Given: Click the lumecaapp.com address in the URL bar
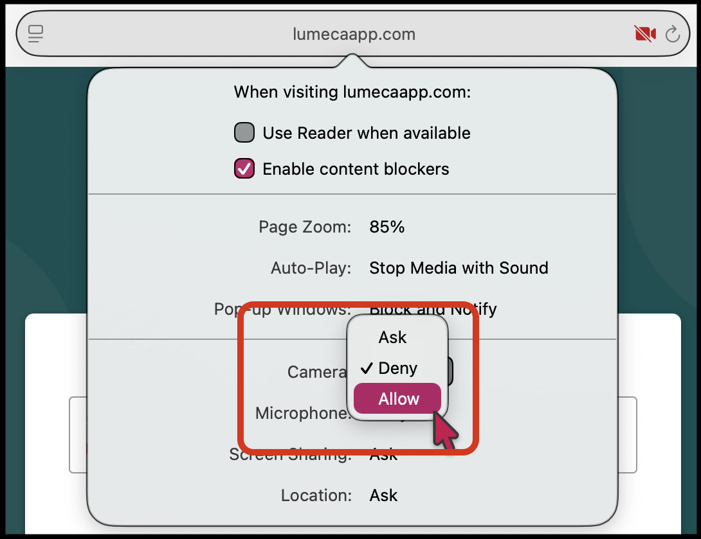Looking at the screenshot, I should coord(353,34).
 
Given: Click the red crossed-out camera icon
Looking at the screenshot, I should coord(645,34).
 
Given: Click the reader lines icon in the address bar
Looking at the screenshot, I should coord(36,34).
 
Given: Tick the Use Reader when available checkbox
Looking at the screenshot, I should coord(244,133).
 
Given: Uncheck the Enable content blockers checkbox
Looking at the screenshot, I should coord(244,169).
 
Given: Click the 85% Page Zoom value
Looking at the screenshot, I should coord(387,227).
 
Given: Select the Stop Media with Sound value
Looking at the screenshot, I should coord(459,268).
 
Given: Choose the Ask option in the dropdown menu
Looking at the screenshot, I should coord(393,337).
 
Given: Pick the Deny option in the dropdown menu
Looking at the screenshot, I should coord(397,368).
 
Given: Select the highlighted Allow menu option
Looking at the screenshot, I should coord(398,399).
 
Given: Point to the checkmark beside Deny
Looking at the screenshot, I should coord(367,368).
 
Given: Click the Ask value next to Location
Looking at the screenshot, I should coord(383,495).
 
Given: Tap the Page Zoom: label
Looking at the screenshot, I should coord(305,227).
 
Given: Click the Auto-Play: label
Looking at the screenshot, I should coord(311,268).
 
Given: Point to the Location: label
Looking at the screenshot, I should coord(316,495).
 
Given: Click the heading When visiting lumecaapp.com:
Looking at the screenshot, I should coord(352,92).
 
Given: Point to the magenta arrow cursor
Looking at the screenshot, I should coord(444,430).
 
